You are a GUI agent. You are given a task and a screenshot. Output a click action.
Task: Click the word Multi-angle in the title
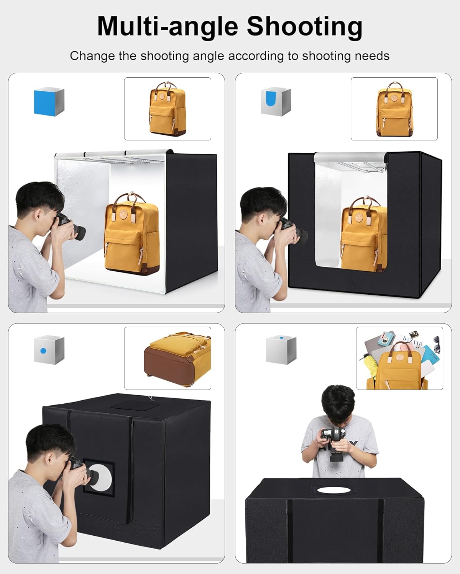point(168,27)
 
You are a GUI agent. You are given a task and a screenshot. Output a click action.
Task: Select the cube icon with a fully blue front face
point(49,102)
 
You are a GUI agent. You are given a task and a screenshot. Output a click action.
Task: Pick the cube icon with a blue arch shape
point(276,102)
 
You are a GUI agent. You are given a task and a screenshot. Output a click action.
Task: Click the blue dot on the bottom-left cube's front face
point(43,351)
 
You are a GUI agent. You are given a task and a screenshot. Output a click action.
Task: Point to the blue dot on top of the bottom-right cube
point(281,338)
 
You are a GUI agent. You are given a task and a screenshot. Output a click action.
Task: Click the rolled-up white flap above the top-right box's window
point(350,157)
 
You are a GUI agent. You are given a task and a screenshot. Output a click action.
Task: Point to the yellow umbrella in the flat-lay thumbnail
point(371,364)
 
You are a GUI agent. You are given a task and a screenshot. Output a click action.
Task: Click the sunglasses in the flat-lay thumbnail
point(436,344)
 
